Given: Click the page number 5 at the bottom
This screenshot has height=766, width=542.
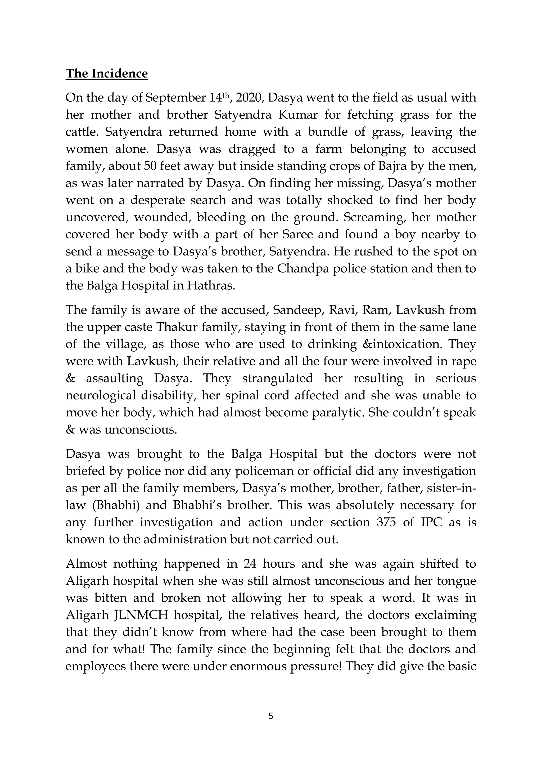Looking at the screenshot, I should point(271,716).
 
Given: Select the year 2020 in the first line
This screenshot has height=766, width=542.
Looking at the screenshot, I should point(250,98).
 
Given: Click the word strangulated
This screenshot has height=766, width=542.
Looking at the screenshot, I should point(277,378).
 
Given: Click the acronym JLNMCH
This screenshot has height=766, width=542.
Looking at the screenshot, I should point(141,615).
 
